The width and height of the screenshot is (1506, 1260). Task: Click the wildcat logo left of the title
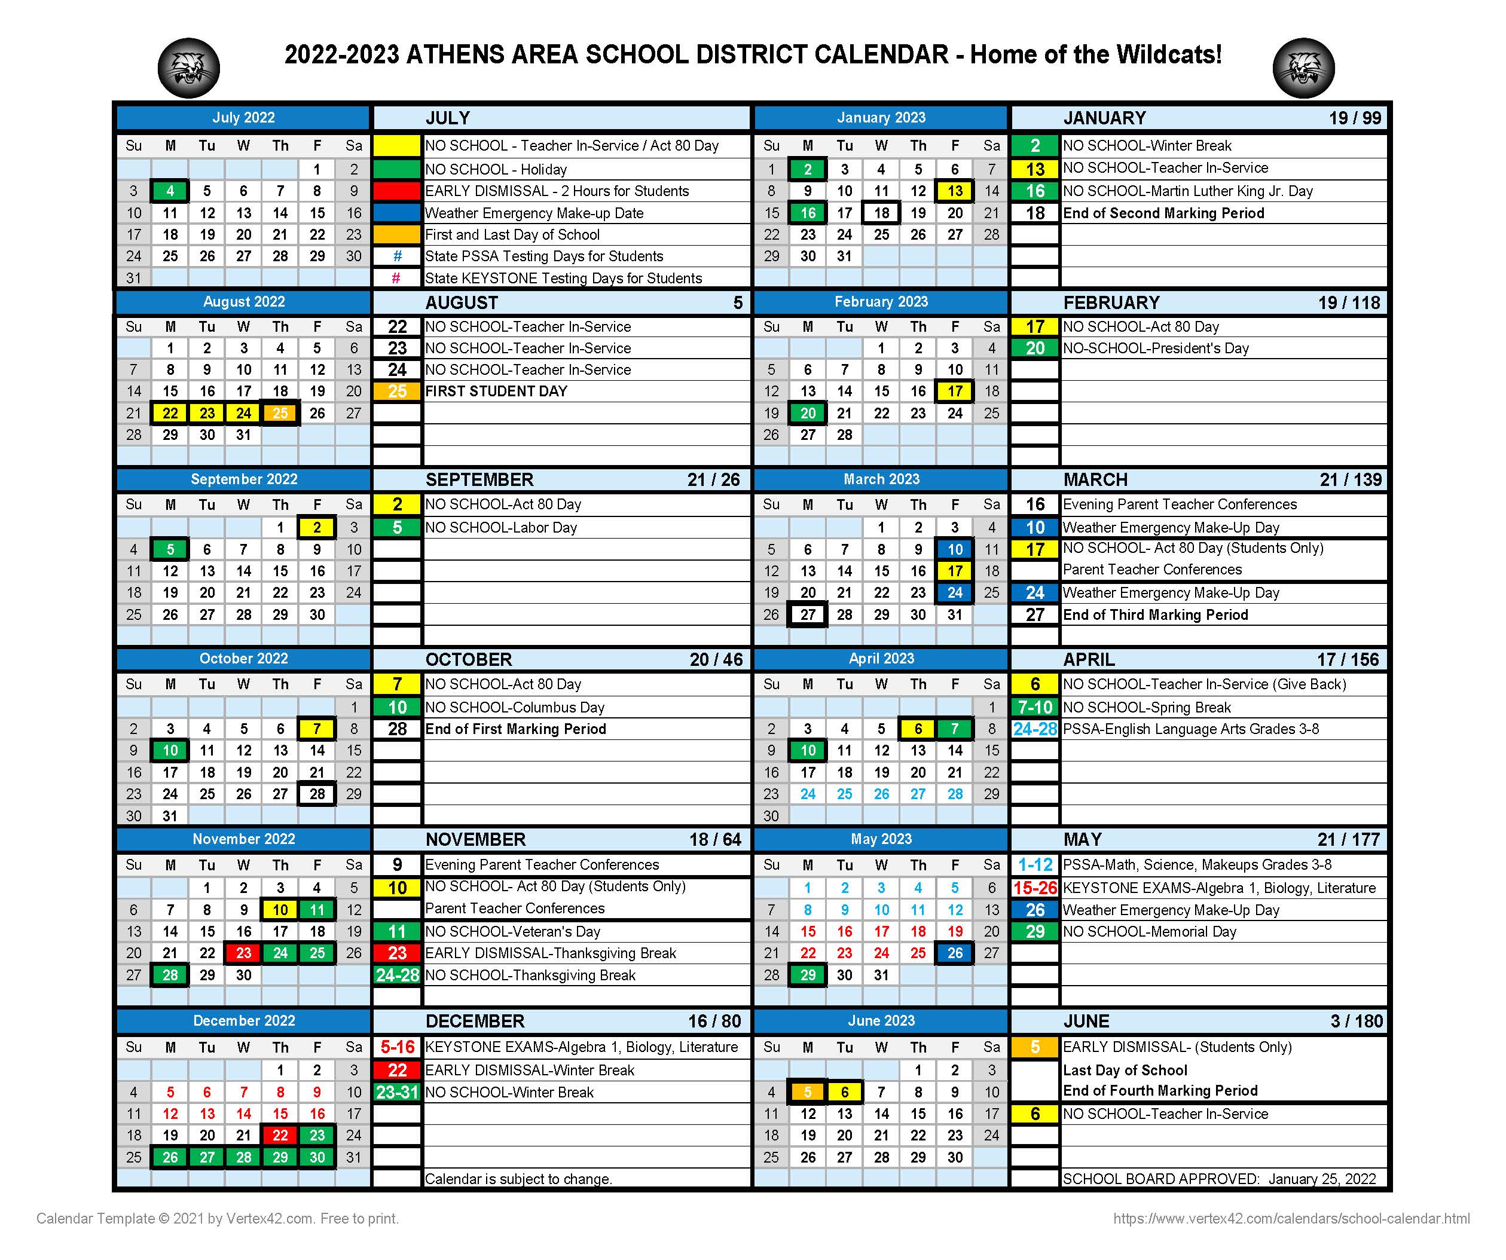(188, 68)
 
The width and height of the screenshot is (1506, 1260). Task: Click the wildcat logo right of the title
(1303, 68)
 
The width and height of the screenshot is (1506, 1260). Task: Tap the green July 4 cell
(170, 191)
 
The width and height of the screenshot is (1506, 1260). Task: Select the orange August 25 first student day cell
(280, 413)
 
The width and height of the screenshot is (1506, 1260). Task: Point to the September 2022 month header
(244, 479)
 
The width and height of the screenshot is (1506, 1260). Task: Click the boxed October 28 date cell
(317, 794)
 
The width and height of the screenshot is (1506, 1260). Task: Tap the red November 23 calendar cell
(244, 953)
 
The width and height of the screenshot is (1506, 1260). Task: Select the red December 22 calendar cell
(280, 1135)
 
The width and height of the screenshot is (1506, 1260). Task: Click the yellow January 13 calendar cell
(955, 191)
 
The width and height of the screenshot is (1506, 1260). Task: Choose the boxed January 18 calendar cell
(881, 213)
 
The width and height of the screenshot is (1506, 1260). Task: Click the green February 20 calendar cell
(808, 413)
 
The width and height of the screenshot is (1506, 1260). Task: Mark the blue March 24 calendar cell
(955, 593)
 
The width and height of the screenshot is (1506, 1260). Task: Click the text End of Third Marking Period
(1154, 615)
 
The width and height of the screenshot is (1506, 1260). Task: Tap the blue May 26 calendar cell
(955, 953)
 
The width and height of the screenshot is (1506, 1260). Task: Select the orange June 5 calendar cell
(808, 1092)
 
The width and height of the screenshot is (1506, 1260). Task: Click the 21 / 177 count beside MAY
(1348, 840)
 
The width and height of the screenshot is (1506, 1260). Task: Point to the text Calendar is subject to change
(518, 1179)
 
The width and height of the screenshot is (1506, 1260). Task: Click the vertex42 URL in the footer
(1291, 1218)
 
